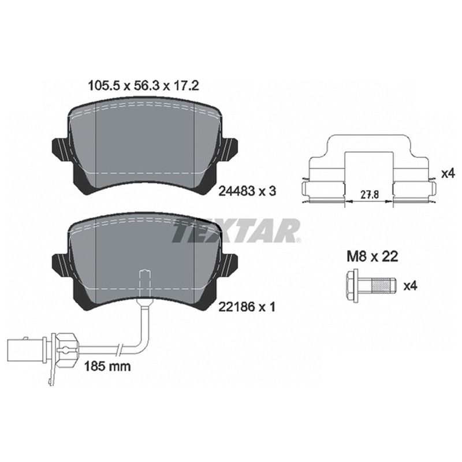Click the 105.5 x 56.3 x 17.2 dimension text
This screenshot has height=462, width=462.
coord(144,85)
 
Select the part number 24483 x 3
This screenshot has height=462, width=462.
coord(247,192)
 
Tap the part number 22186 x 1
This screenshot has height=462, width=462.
coord(247,307)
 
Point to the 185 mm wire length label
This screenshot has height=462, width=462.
coord(107,366)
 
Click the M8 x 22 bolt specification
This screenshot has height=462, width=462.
coord(372,256)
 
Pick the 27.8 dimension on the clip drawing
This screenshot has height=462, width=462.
coord(370,195)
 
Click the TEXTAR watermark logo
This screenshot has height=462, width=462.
coord(236,230)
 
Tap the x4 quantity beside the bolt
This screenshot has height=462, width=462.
coord(410,286)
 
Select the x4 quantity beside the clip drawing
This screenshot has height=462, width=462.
coord(448,174)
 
